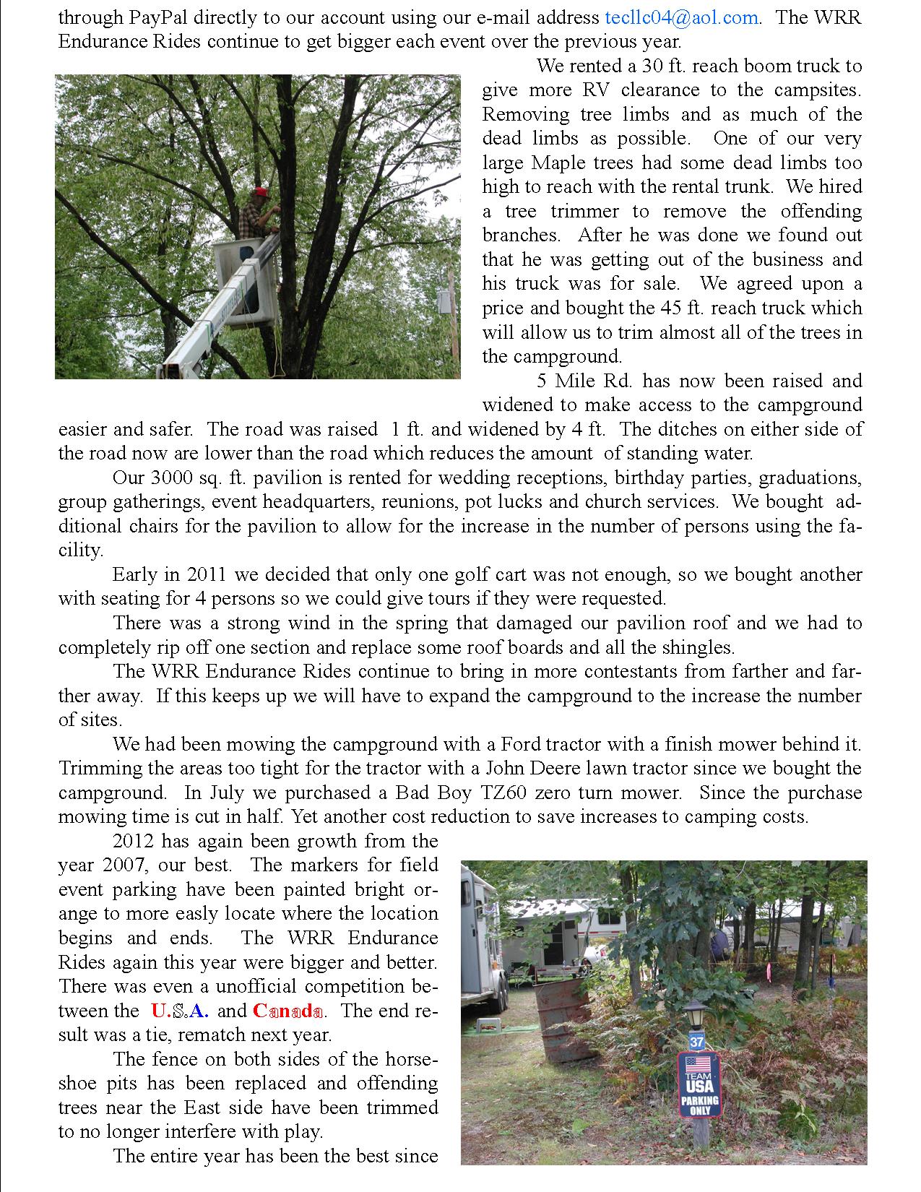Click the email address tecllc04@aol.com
(681, 17)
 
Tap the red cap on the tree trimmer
(259, 193)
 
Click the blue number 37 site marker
(696, 1042)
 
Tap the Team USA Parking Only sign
(699, 1084)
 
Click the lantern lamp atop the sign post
(696, 1016)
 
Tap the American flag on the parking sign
(698, 1064)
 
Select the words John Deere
(518, 768)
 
